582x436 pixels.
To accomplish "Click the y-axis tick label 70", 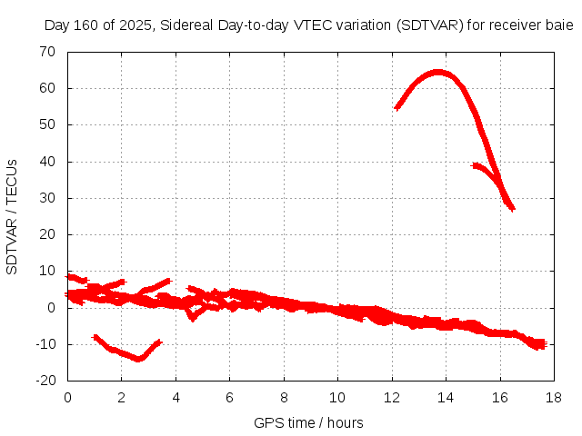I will click(47, 52).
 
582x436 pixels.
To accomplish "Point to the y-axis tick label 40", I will click(47, 162).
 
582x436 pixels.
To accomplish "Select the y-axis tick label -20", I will click(45, 381).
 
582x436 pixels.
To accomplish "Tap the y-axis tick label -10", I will click(45, 344).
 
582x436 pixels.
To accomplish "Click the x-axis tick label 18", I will click(554, 398).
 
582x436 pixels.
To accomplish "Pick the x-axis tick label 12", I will click(392, 398).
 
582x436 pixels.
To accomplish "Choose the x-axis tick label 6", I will click(229, 398).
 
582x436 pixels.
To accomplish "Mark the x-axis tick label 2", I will click(122, 398).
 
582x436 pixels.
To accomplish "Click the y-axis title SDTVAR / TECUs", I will click(13, 216).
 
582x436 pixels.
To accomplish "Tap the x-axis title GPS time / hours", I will click(310, 422).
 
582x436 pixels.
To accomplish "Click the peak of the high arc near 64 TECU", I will click(438, 72).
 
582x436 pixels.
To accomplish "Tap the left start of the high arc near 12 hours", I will click(397, 107).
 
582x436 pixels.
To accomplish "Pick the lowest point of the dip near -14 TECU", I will click(138, 359).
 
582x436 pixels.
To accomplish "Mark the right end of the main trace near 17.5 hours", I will click(541, 344).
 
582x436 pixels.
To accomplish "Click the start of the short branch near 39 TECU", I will click(475, 165).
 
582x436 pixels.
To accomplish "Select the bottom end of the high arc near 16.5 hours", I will click(512, 208).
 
